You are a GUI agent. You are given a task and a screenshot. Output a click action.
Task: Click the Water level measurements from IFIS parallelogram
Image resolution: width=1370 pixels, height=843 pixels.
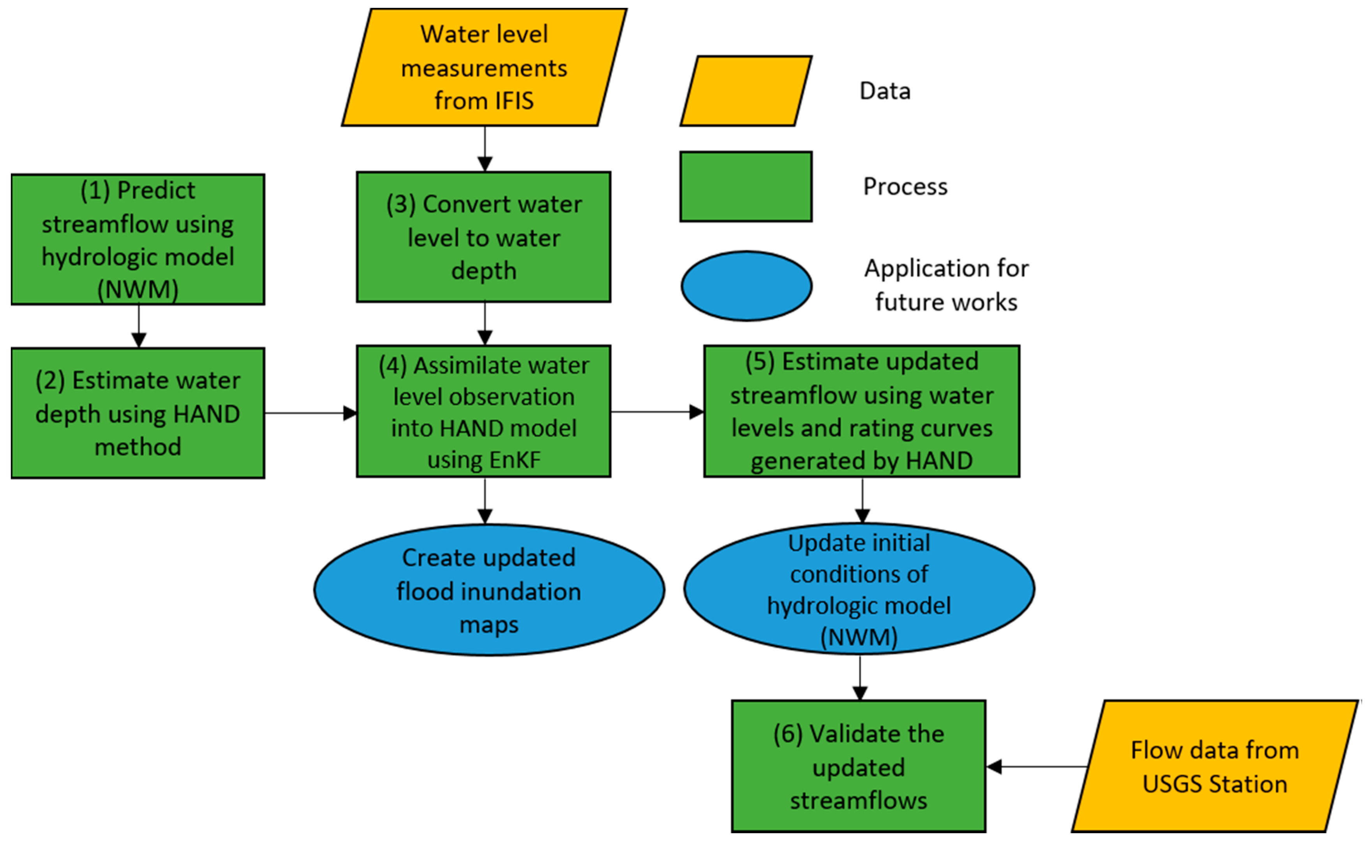point(484,67)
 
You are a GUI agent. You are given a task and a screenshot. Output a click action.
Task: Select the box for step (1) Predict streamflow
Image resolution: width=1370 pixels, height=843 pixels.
point(138,239)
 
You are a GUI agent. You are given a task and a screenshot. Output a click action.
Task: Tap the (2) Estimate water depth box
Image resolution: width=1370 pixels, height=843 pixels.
point(138,413)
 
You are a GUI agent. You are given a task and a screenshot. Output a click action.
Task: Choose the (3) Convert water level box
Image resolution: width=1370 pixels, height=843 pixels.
point(483,237)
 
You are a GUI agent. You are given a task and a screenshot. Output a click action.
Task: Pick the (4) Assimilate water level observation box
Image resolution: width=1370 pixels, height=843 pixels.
point(483,411)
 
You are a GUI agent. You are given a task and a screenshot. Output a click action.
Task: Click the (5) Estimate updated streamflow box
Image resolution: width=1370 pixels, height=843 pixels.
point(861,411)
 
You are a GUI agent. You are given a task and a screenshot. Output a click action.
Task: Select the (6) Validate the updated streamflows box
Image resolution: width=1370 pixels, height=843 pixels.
point(858,767)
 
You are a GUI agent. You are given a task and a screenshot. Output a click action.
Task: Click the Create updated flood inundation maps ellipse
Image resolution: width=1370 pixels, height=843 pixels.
point(489,590)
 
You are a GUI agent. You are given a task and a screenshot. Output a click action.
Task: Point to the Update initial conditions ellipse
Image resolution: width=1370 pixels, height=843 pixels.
point(859,589)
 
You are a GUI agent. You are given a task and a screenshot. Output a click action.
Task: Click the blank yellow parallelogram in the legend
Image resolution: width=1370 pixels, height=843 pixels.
point(746,91)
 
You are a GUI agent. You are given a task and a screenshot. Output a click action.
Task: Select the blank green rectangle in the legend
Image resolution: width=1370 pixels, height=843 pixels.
point(746,187)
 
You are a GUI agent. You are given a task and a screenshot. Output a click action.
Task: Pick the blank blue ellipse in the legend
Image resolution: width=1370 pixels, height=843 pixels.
point(746,286)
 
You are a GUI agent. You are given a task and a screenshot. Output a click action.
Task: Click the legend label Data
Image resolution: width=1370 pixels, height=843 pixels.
point(885,91)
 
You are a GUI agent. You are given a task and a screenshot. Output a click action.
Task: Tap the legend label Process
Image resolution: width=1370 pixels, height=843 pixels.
point(905,187)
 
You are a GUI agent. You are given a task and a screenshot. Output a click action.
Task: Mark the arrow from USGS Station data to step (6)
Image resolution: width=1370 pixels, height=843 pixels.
point(1037,767)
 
